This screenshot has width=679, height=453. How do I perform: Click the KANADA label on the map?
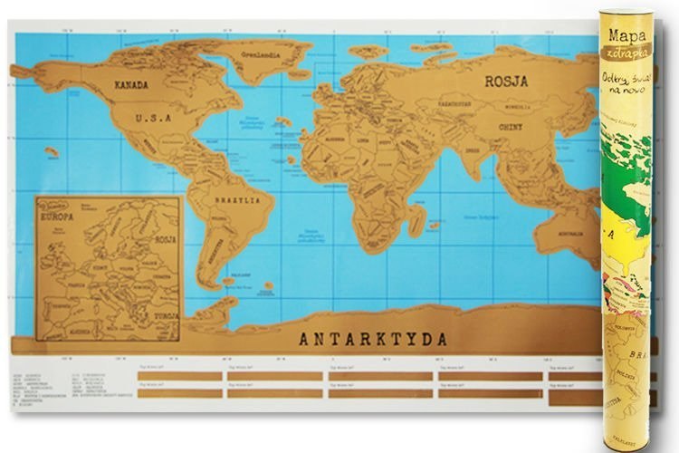click(132, 83)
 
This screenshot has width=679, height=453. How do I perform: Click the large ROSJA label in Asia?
click(505, 80)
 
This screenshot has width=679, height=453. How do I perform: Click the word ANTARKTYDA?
click(373, 340)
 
